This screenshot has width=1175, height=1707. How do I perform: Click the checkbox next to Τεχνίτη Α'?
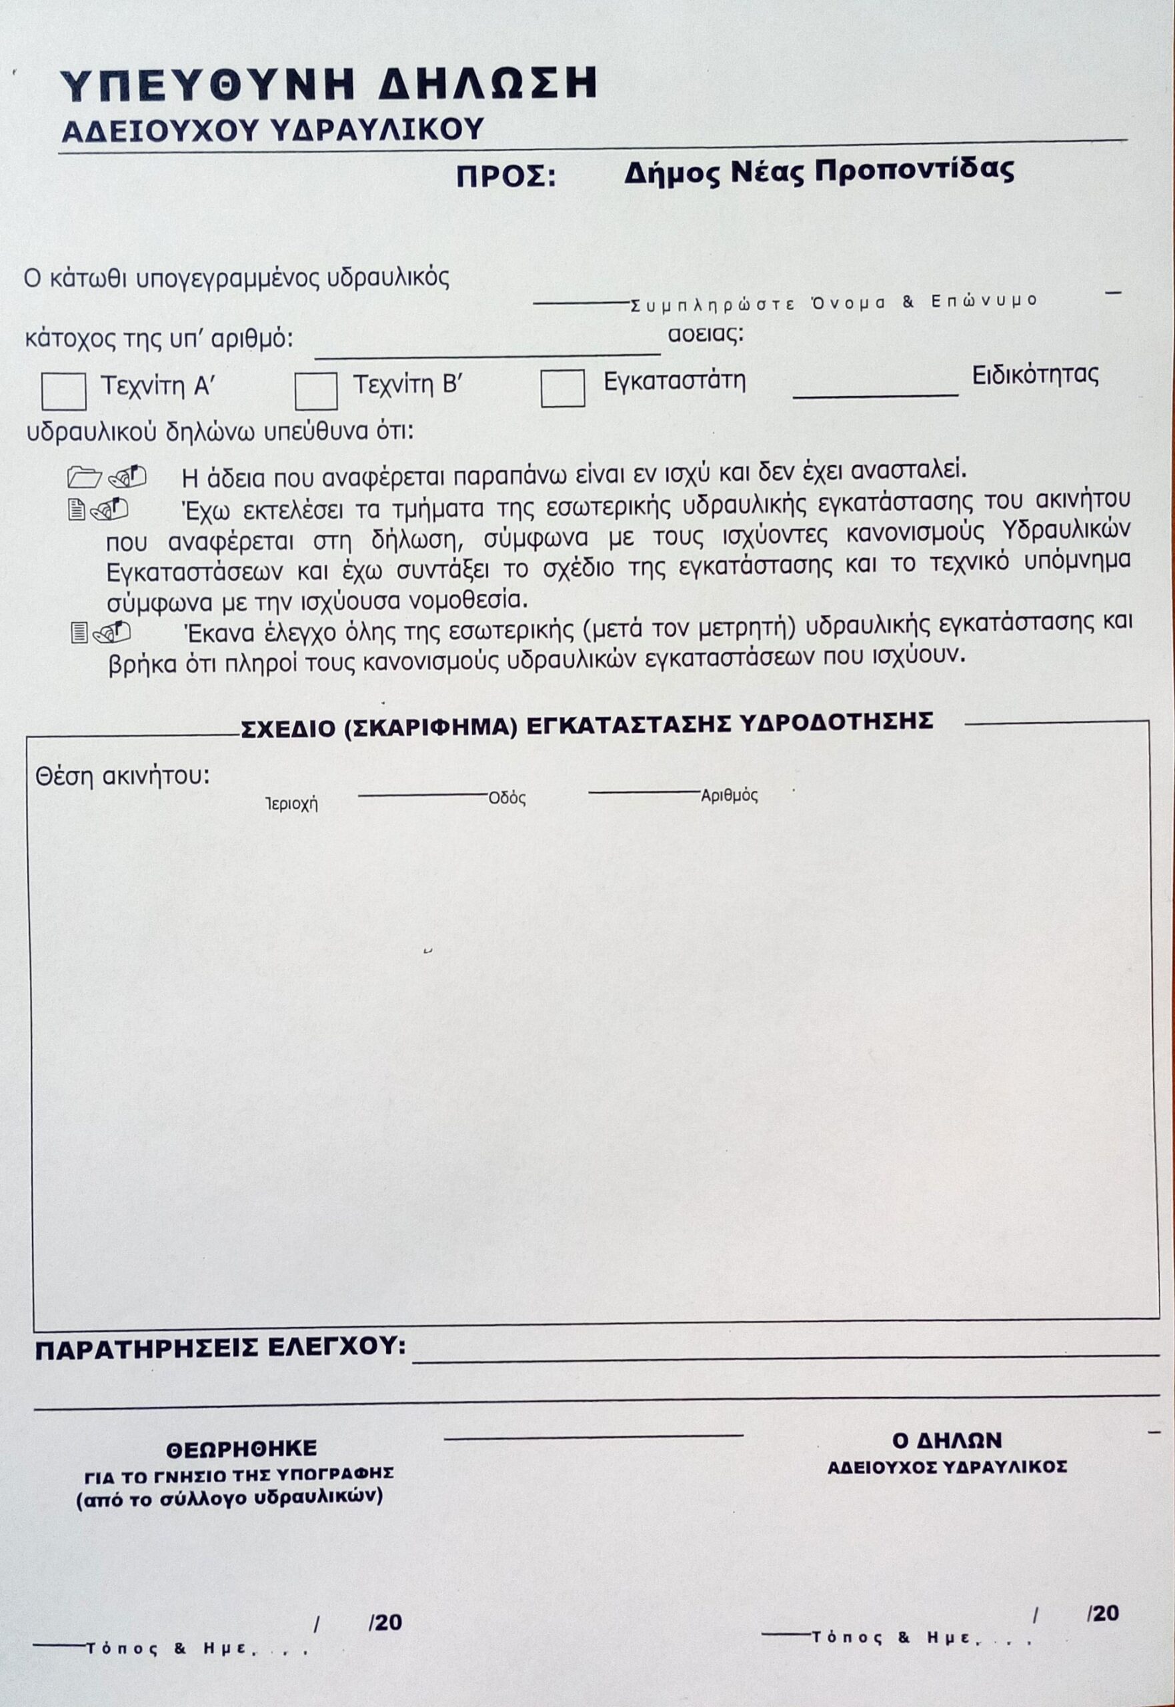point(63,391)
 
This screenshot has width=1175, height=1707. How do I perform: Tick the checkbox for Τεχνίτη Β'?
point(316,391)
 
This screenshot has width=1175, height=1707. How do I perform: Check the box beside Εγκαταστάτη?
point(562,388)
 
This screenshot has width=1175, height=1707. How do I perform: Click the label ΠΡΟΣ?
point(507,177)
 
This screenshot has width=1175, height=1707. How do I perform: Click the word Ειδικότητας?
point(1035,375)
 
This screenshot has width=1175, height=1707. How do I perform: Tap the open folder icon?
point(84,477)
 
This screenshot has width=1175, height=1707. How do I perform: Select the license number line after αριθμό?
point(487,355)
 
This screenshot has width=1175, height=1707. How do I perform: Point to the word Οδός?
point(507,799)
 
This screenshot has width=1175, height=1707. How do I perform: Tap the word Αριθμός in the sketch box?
point(729,795)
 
